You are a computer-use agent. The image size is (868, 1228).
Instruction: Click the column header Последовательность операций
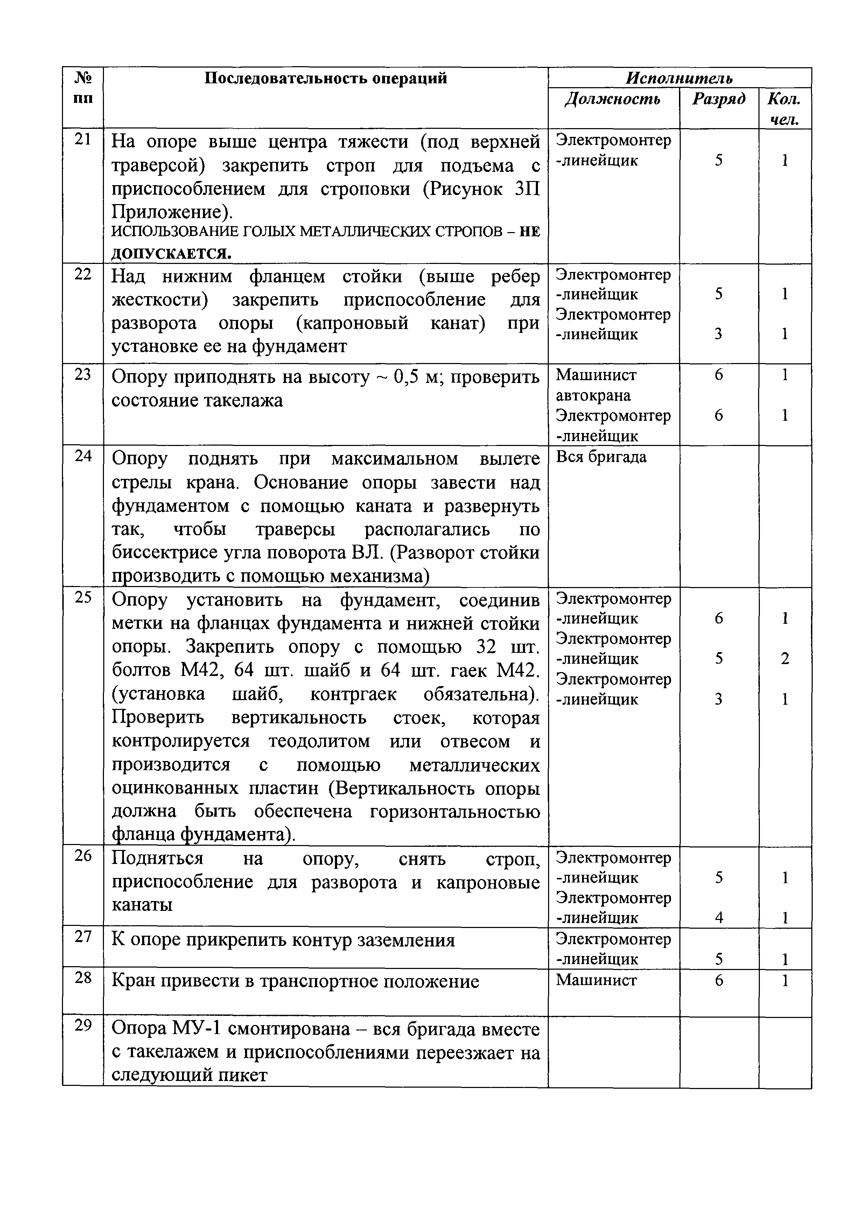[x=326, y=79]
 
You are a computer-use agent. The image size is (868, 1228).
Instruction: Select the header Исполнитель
[x=679, y=79]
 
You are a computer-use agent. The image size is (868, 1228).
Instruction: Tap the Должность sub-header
[x=613, y=99]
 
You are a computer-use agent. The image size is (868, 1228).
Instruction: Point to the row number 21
[x=83, y=140]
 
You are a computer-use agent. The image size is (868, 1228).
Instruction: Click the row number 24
[x=83, y=456]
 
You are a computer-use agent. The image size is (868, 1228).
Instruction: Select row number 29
[x=83, y=1025]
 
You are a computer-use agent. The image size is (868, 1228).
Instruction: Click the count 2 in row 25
[x=785, y=659]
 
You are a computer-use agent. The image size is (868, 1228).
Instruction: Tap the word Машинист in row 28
[x=596, y=980]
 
